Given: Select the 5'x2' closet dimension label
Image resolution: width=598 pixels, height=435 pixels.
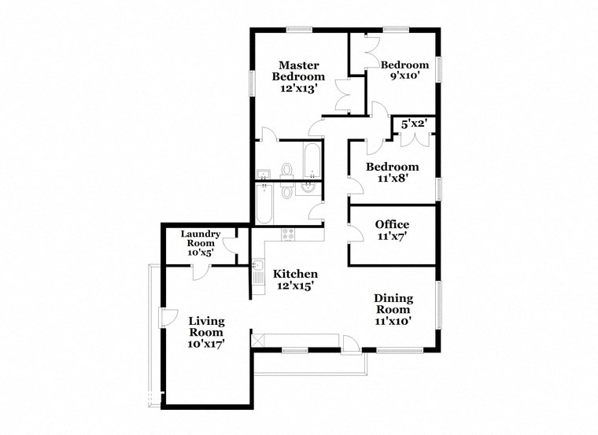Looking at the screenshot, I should pos(415,123).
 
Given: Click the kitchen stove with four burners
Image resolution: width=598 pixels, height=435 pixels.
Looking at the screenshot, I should pos(288,234).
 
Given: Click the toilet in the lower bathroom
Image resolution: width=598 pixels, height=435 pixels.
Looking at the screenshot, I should pos(287,191).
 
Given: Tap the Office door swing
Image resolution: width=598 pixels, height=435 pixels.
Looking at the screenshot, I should pos(355,230).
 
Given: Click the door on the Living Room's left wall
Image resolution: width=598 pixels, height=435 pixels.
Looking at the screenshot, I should pos(166,317).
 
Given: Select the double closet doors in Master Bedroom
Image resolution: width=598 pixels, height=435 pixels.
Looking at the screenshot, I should pos(342,95).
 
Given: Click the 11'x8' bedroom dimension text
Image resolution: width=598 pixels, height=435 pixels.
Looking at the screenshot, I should pos(392,179).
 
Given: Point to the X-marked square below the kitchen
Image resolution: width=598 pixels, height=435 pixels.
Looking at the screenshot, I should pos(257,340).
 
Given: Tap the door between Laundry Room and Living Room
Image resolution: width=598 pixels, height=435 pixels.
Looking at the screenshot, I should pos(200,271).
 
